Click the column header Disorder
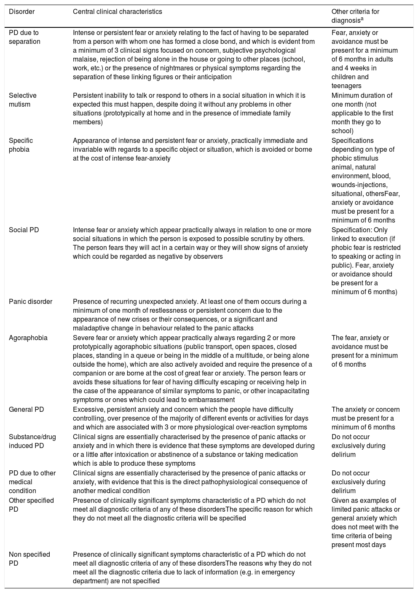pos(22,12)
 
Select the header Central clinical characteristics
pos(118,12)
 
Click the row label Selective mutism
pos(23,100)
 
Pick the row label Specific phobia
pos(21,145)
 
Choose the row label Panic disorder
pos(31,301)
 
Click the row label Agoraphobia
pos(28,338)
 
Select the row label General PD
pos(27,409)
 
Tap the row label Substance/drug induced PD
pos(32,441)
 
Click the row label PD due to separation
pos(24,37)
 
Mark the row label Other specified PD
pos(31,505)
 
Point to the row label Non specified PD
pos(29,559)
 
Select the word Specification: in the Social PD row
pos(351,230)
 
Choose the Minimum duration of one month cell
pos(362,113)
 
